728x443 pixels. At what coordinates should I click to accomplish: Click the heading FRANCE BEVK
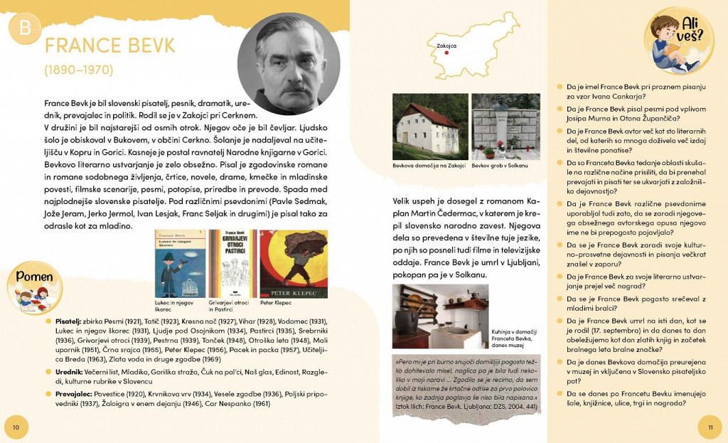coord(109,46)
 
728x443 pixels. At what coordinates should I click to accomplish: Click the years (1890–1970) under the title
coord(78,70)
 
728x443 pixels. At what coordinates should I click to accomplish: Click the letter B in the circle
coord(25,29)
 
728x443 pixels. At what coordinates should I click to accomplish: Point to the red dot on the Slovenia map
coord(446,52)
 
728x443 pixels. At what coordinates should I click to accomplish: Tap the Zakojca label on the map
coord(446,45)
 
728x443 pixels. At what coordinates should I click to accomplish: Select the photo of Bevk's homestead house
coord(430,126)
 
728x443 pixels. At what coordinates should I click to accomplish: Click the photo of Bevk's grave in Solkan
coord(505,126)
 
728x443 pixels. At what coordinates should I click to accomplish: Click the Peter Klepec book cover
coord(294,263)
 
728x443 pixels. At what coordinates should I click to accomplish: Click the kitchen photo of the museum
coord(440,316)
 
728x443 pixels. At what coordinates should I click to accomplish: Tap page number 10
coord(16,426)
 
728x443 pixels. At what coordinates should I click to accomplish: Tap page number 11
coord(709,427)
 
